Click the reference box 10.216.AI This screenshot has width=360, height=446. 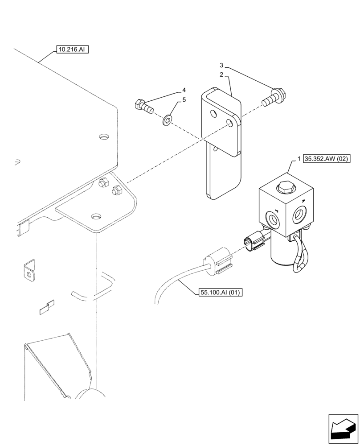(x=72, y=50)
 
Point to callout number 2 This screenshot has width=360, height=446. (x=221, y=75)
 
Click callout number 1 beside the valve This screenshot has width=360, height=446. (x=299, y=158)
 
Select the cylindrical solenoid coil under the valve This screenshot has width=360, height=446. (x=281, y=252)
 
